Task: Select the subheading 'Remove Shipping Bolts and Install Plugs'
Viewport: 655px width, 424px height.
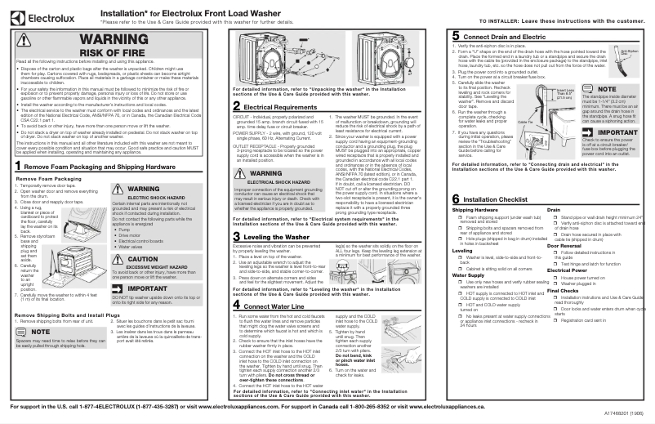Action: (x=69, y=315)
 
